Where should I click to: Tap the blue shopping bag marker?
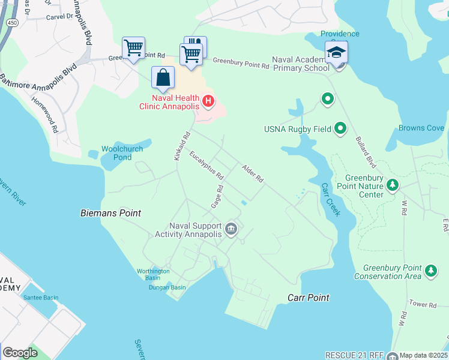[x=163, y=77]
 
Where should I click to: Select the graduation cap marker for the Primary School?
[x=336, y=52]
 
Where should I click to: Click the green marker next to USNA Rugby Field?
[x=340, y=128]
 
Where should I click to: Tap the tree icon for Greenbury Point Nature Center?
[x=393, y=184]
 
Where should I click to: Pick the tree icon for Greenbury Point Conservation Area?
[x=430, y=271]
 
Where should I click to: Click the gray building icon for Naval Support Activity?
[x=231, y=229]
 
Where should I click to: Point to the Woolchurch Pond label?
[x=116, y=153]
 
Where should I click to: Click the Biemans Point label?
[x=111, y=213]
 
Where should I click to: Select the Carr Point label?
[x=309, y=298]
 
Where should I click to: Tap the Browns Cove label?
[x=421, y=128]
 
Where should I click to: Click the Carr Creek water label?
[x=331, y=200]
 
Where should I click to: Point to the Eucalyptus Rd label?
[x=206, y=166]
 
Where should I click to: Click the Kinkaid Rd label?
[x=182, y=146]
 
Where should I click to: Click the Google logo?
[x=20, y=353]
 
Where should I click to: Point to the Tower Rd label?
[x=424, y=305]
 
